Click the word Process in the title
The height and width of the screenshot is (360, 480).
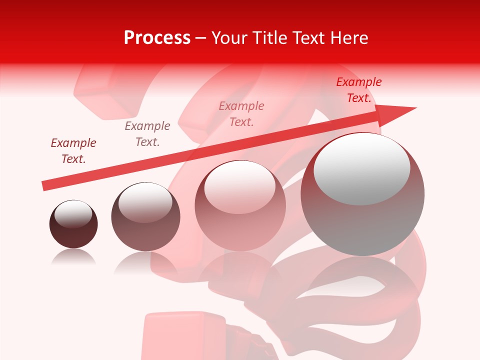[157, 38]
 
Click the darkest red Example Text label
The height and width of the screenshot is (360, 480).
[73, 151]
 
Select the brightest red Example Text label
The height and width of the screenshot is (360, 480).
[359, 90]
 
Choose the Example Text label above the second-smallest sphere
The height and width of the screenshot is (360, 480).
[147, 134]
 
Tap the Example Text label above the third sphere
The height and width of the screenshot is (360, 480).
[241, 114]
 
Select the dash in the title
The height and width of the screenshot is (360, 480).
[201, 38]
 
